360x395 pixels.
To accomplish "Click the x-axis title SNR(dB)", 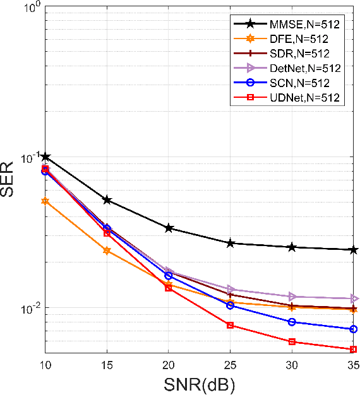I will point(199,382).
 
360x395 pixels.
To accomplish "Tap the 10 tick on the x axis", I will point(45,364).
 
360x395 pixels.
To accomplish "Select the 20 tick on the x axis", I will point(169,364).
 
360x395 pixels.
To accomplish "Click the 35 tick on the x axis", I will point(353,364).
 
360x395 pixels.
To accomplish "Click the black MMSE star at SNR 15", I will point(107,200).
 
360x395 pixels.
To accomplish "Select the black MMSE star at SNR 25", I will point(231,243).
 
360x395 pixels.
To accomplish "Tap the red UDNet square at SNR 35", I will point(354,349).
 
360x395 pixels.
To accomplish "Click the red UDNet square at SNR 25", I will point(231,325).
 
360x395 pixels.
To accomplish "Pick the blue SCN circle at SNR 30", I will point(292,322).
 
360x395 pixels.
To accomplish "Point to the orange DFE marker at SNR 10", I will point(45,201).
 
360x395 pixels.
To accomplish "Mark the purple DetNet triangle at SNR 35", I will point(354,298).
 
